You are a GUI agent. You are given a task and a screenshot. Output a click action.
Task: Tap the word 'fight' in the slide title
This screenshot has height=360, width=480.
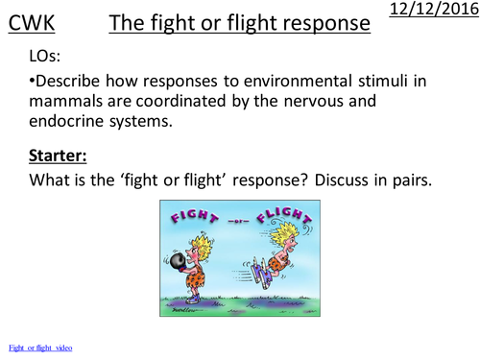[171, 25]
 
